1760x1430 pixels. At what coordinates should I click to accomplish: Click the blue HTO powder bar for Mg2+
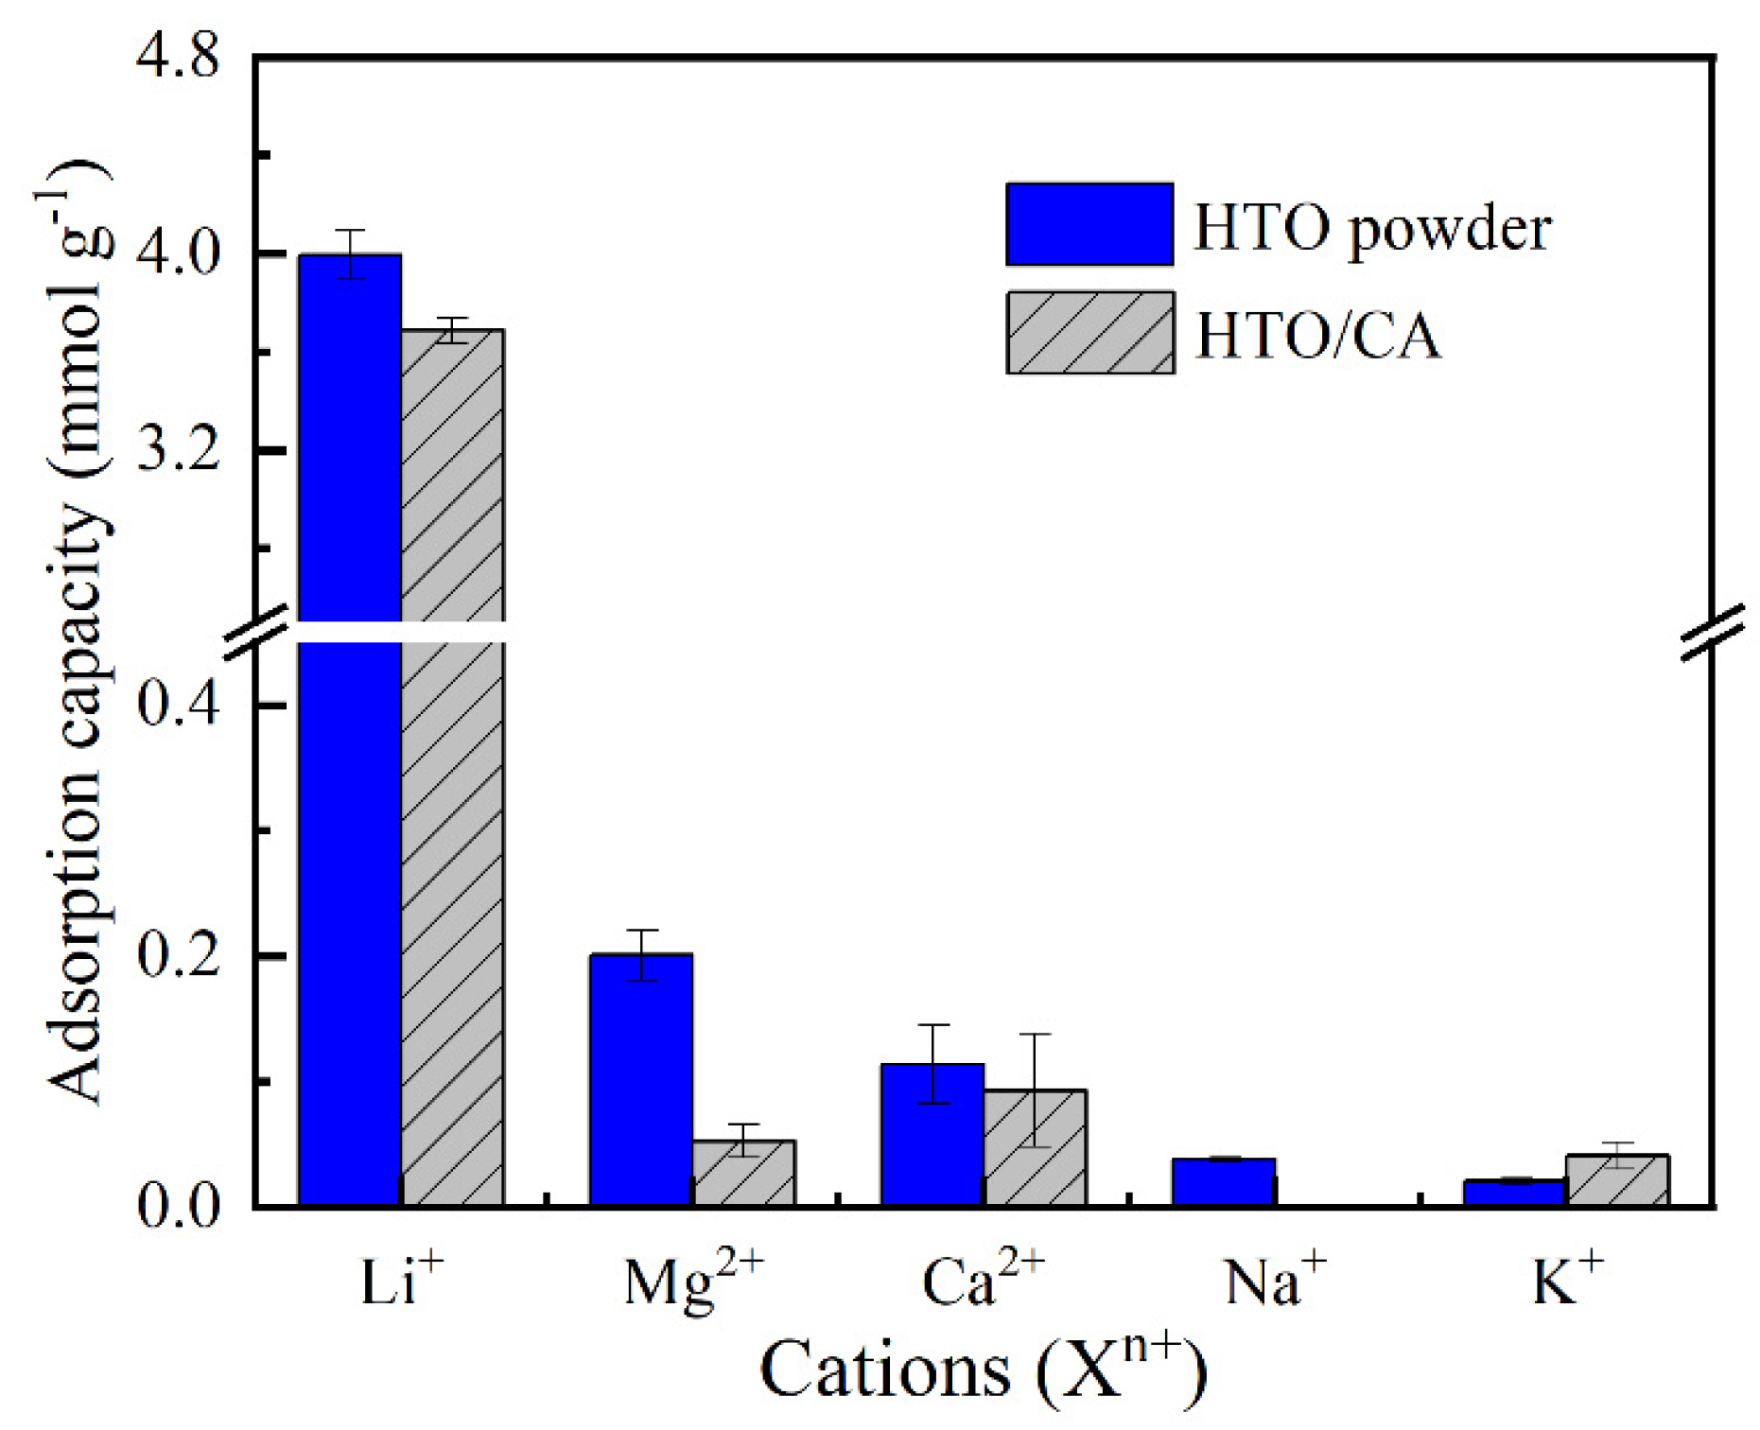tap(640, 1078)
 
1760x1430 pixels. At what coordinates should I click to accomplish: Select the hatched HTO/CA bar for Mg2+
tap(743, 1172)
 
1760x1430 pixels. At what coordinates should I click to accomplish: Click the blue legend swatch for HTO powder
tap(1089, 224)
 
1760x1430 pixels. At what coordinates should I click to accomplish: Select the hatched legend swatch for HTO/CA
tap(1089, 332)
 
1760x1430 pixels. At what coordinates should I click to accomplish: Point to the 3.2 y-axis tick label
tap(178, 449)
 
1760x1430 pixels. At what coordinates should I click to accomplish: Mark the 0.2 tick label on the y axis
tap(178, 956)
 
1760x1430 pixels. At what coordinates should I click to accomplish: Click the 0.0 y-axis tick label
tap(178, 1207)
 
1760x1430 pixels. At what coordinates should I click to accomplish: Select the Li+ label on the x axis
tap(401, 1282)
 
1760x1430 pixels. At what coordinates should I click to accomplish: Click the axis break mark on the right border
tap(1713, 632)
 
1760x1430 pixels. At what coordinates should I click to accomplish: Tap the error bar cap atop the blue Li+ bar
tap(350, 231)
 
